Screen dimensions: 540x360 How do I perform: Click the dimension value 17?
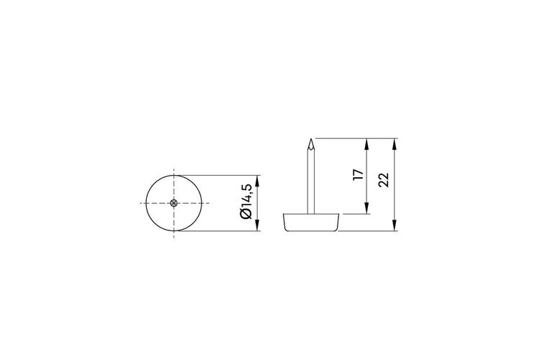coord(358,175)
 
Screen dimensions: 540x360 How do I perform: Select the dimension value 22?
coord(384,179)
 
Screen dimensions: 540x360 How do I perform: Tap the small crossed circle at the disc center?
coord(174,203)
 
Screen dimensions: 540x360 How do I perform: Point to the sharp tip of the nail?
coord(311,139)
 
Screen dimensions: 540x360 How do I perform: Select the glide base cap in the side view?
coord(311,222)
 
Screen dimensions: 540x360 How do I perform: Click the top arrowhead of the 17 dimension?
coord(367,144)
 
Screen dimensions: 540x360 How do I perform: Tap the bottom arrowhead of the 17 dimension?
coord(367,208)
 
